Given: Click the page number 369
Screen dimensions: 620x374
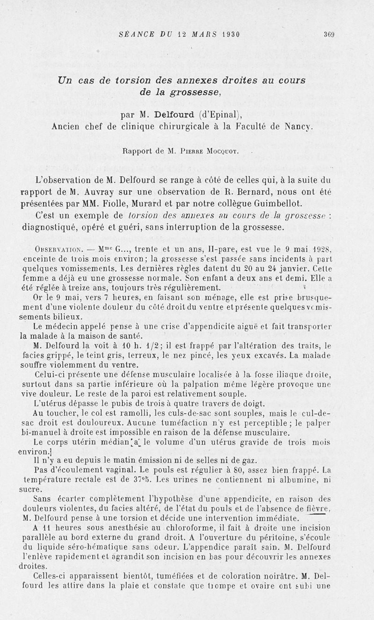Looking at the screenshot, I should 330,34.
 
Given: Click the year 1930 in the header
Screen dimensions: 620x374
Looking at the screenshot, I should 228,34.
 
